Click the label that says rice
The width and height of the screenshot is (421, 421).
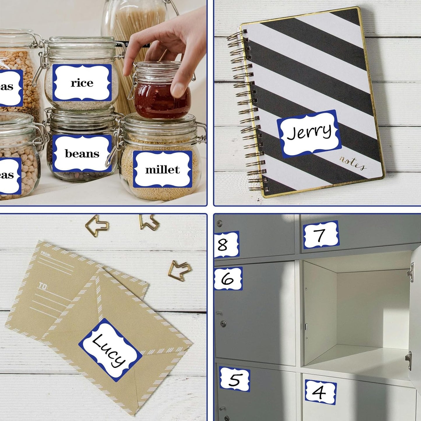82,83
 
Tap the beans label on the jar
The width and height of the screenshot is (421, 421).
82,154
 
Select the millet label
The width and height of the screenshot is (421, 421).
162,170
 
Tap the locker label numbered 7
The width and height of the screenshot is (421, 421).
321,235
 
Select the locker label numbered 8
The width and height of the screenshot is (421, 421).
226,244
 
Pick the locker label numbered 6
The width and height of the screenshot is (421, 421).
228,279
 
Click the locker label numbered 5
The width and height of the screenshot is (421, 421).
235,379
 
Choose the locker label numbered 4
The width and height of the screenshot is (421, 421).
320,392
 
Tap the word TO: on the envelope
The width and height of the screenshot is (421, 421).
43,286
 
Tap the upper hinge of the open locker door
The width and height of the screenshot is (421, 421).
411,272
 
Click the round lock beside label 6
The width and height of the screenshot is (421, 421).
223,324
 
